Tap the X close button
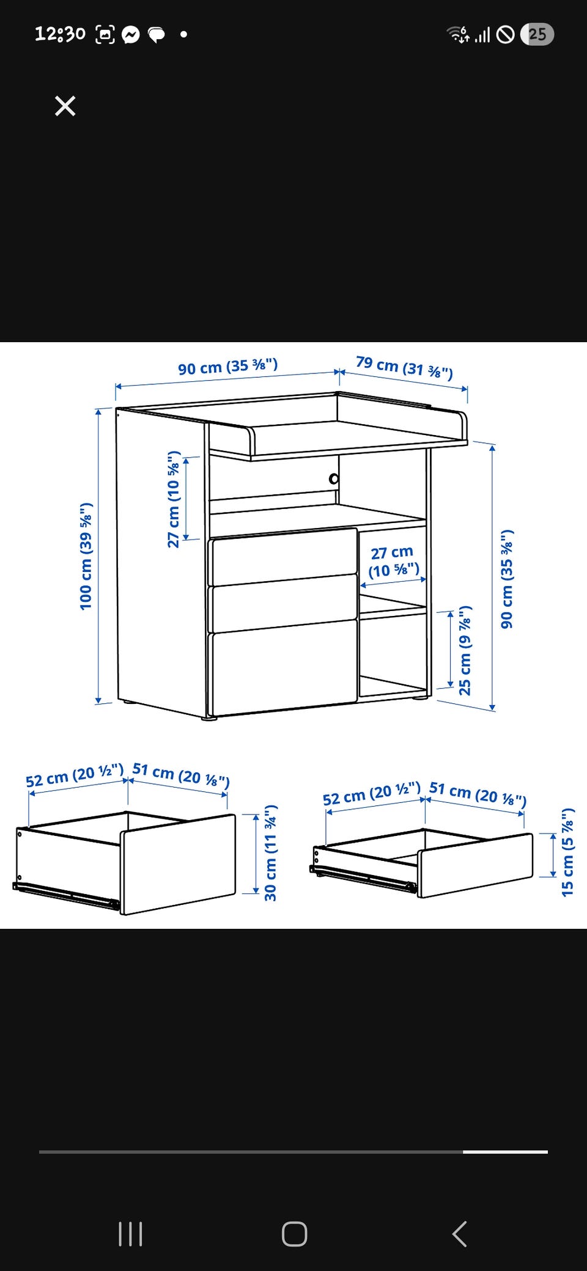coord(65,106)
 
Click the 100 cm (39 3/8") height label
coord(86,555)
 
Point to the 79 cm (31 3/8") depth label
coord(404,367)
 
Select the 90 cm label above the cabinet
coord(227,367)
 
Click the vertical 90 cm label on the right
coord(507,579)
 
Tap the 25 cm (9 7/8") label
coord(465,650)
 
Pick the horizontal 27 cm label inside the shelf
coord(393,562)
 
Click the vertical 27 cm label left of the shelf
coord(174,499)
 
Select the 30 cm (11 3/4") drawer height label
coord(271,852)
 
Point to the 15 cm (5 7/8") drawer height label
coord(568,852)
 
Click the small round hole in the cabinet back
coord(334,479)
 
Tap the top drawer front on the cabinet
coord(284,556)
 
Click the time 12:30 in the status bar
coord(60,34)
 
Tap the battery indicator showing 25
coord(537,34)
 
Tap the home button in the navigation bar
coord(294,1234)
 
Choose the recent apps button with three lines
coord(130,1234)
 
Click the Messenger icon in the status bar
coord(130,35)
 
